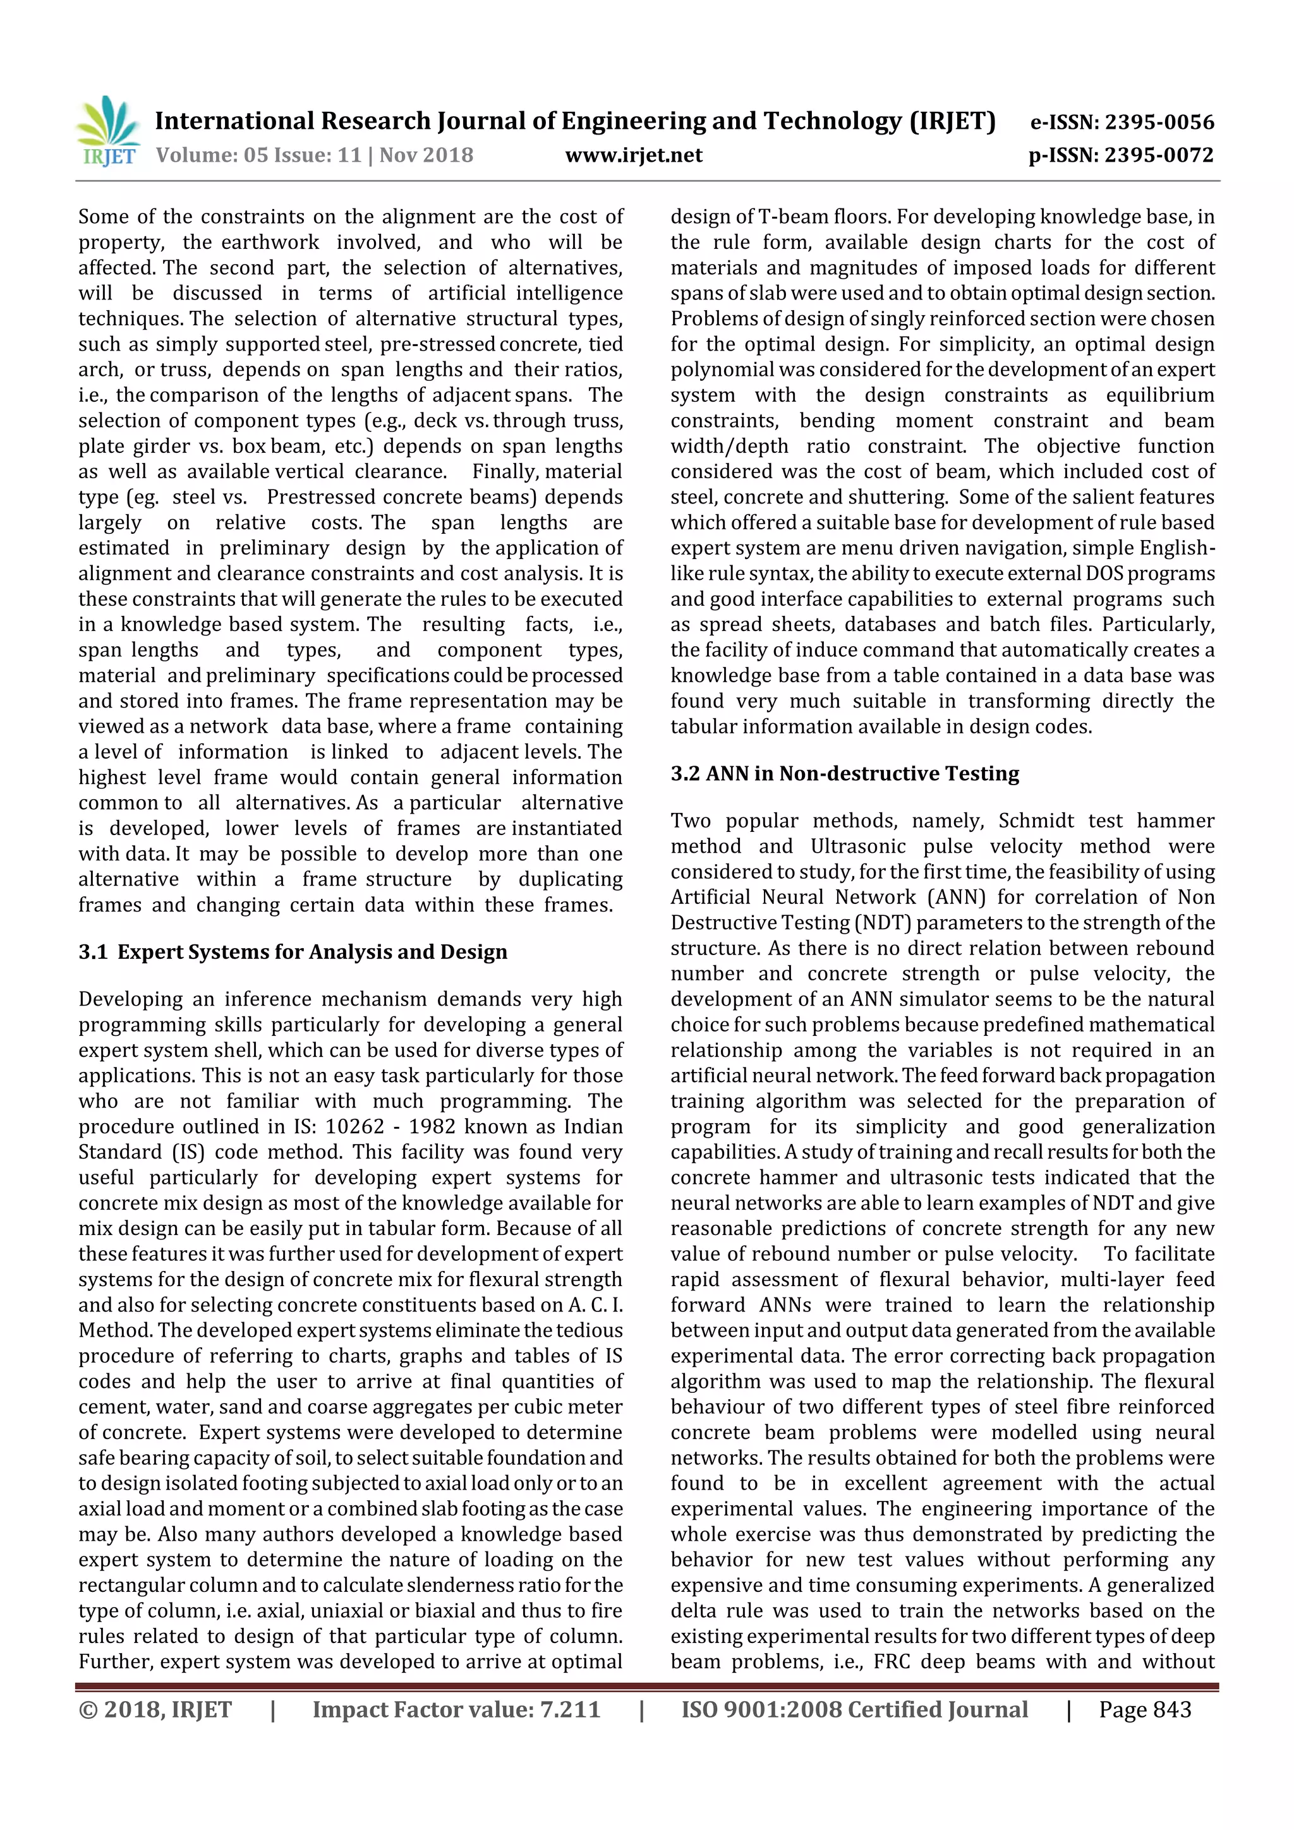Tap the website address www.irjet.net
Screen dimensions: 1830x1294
point(633,155)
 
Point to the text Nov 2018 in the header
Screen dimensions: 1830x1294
point(426,155)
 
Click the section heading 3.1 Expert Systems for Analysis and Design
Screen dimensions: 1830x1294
point(293,952)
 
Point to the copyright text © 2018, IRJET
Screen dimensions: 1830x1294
point(155,1709)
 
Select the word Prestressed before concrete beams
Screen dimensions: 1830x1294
point(322,497)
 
